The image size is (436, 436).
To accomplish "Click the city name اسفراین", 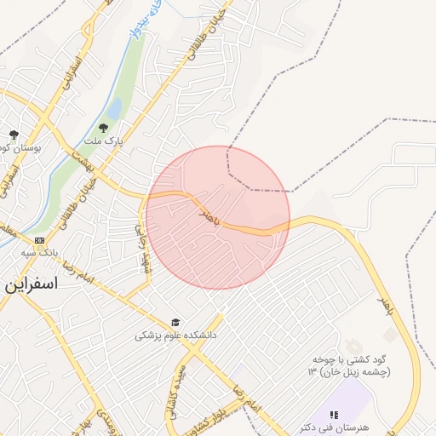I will click(x=32, y=284).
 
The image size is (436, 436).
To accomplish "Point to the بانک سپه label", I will click(x=40, y=253).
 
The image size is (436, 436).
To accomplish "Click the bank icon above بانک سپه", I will click(x=40, y=241).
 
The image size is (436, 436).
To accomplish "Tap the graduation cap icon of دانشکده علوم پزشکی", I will click(x=175, y=323).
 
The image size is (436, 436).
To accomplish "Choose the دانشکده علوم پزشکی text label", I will click(x=175, y=336).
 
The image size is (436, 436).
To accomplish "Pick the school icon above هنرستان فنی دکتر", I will click(x=333, y=414).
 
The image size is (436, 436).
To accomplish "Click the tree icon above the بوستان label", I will click(x=14, y=135).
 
